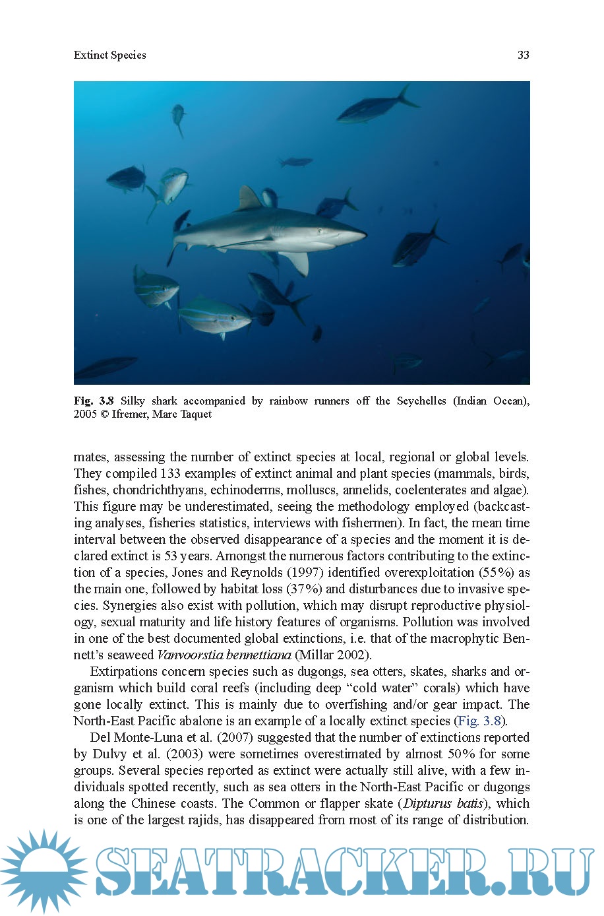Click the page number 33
[523, 55]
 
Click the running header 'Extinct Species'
[110, 55]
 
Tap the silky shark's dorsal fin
[249, 199]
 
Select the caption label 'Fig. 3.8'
[94, 401]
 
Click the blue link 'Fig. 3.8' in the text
[479, 721]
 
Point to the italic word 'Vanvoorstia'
[189, 655]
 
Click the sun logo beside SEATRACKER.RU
[44, 871]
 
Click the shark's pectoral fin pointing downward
[295, 263]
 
